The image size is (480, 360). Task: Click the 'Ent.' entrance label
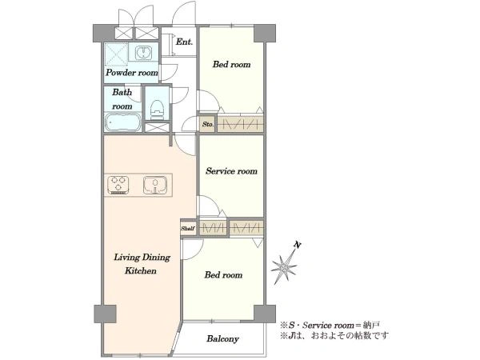tap(184, 42)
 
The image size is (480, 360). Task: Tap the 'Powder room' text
tap(132, 73)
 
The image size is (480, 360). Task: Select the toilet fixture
tap(158, 110)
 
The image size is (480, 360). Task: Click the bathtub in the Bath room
tap(122, 122)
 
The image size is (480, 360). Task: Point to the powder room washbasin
tap(143, 52)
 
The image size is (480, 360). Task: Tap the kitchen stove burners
tap(118, 185)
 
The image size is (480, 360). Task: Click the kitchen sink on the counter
tap(155, 186)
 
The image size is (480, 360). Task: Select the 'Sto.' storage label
tap(208, 124)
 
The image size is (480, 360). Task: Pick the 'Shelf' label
tap(188, 228)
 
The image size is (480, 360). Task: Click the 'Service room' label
tap(231, 171)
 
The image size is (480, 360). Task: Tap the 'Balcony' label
tap(222, 338)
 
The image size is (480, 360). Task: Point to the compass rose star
tap(284, 268)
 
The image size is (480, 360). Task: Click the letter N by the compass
tap(297, 245)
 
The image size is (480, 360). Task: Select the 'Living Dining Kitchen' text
tap(142, 264)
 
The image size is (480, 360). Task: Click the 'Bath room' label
tap(122, 99)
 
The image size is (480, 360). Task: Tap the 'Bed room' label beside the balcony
tap(223, 275)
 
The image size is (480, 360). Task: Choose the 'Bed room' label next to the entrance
tap(231, 64)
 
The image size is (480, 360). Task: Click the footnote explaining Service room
tap(330, 325)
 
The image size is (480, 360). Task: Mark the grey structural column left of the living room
tap(105, 314)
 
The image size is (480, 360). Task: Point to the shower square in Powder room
tap(116, 54)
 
